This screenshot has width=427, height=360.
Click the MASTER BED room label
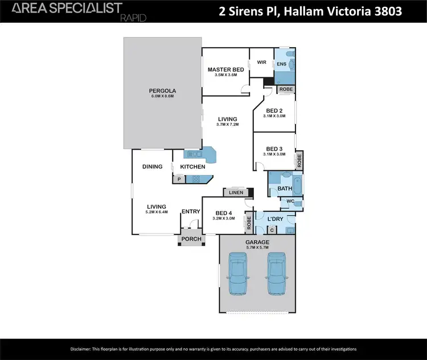tap(225, 69)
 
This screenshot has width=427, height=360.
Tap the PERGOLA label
tap(162, 90)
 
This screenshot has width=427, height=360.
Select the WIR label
tap(262, 62)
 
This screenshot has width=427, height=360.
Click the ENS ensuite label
tap(281, 65)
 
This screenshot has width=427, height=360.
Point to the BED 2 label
tap(274, 110)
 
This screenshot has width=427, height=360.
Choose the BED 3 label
tap(274, 148)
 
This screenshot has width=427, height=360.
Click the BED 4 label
tap(223, 212)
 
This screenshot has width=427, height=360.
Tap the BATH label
tap(285, 188)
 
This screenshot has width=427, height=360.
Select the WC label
tap(290, 201)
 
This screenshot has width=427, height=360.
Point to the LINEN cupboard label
tap(236, 193)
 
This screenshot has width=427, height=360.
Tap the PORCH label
tap(191, 239)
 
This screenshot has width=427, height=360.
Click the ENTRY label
tap(191, 212)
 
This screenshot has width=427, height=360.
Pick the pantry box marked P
tap(179, 179)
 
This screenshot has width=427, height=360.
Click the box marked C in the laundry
tap(272, 230)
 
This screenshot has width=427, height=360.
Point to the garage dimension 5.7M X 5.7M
tap(257, 247)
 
